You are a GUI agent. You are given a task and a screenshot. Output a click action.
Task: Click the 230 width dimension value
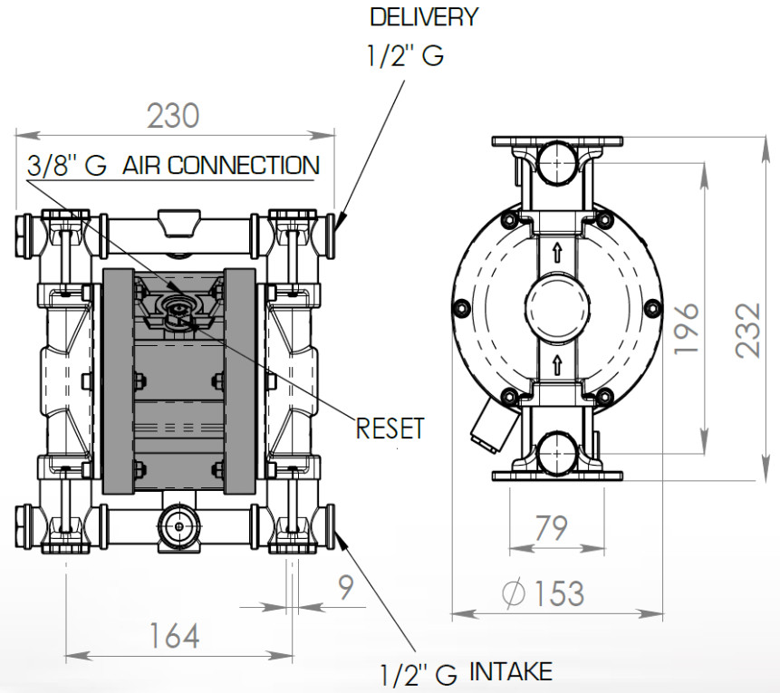click(x=173, y=116)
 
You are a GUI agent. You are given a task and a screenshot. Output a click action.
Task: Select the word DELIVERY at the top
click(x=423, y=16)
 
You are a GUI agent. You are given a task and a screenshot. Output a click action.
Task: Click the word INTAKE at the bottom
click(x=510, y=671)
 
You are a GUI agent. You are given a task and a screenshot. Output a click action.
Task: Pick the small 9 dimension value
click(x=346, y=589)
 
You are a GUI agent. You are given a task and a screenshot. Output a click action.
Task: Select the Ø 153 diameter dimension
click(x=543, y=593)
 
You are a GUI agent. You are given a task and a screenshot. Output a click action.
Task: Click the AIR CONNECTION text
click(x=221, y=166)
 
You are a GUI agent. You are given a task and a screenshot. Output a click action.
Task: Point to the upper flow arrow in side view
click(x=557, y=255)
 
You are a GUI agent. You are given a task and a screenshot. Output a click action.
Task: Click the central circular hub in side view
click(x=557, y=309)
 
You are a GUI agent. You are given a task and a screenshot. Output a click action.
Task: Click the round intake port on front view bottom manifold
click(x=176, y=526)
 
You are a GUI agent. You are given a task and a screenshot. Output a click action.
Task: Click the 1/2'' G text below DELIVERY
click(x=405, y=56)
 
